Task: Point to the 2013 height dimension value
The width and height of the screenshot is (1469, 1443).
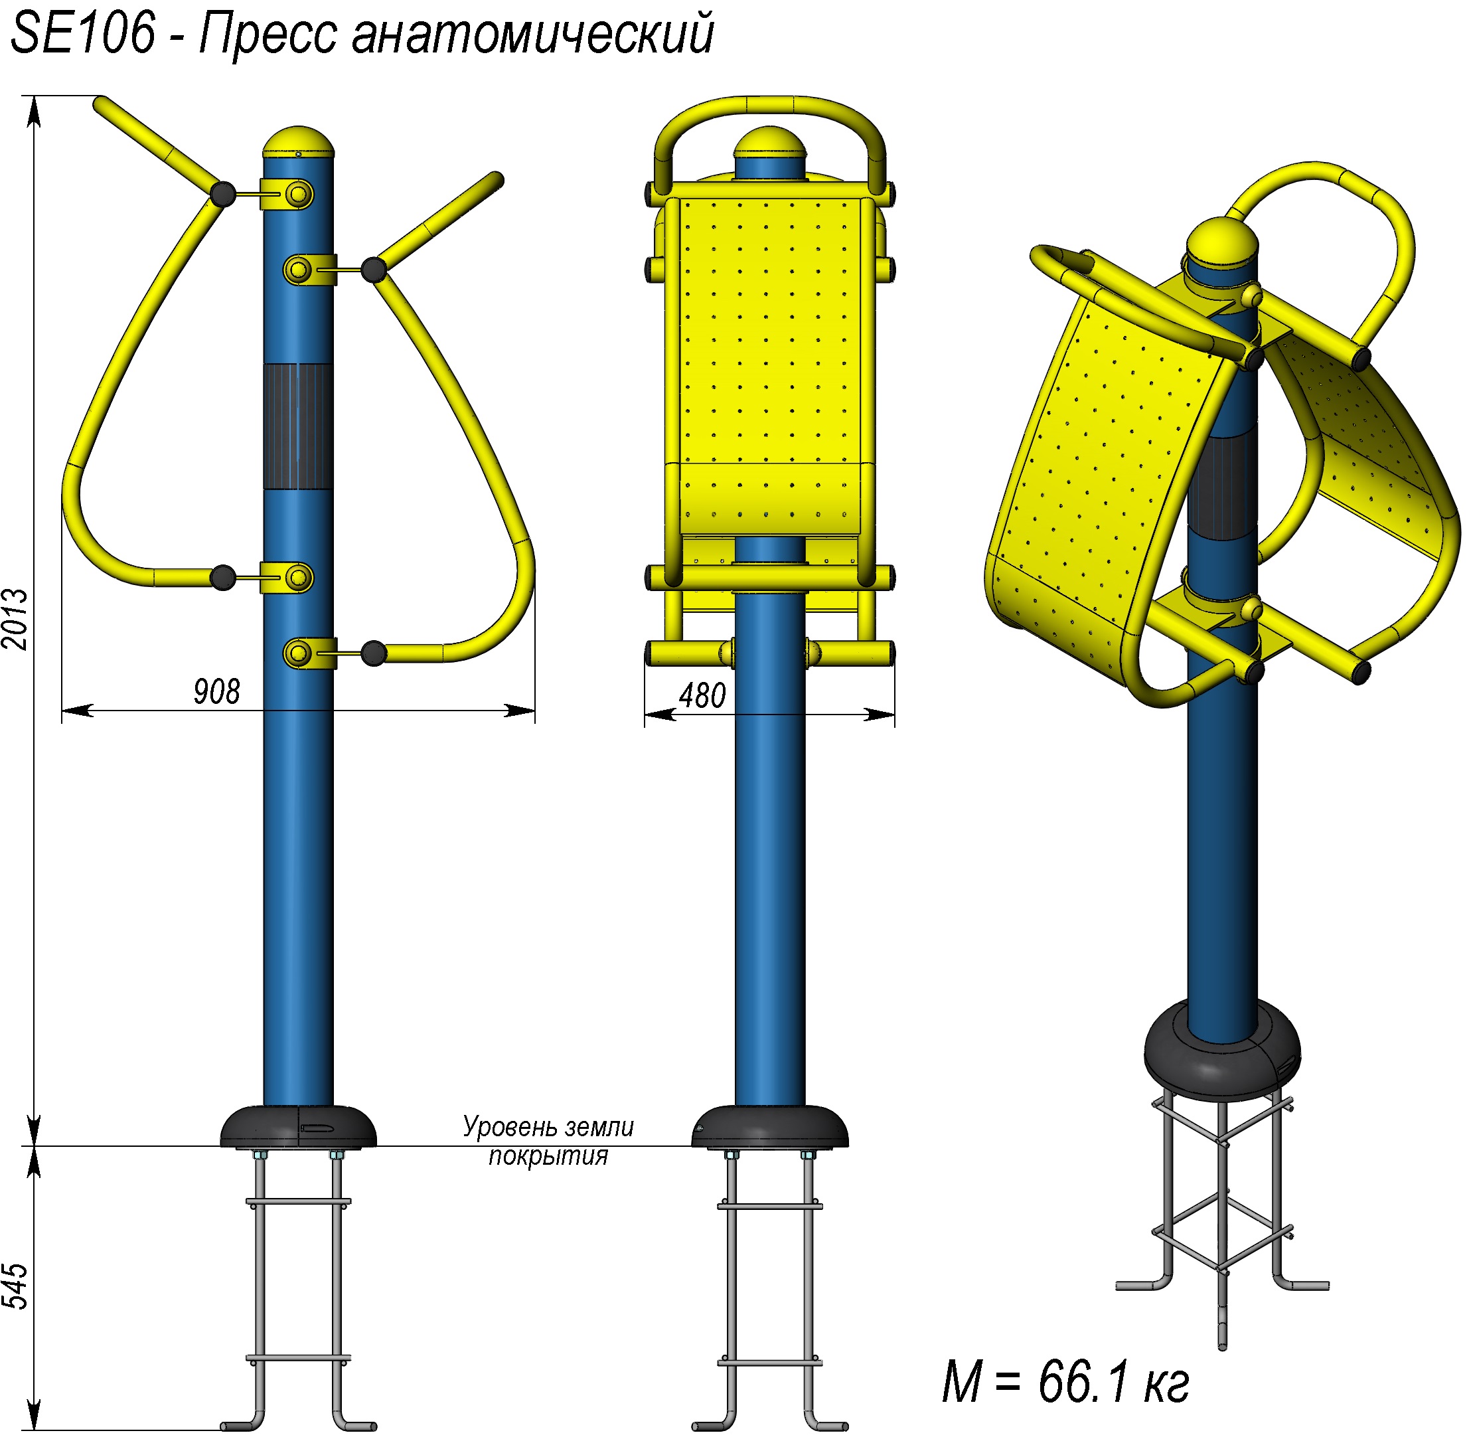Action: coord(15,619)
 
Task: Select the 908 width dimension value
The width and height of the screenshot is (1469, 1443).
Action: coord(216,691)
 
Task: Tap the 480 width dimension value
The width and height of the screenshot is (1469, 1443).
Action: coord(702,695)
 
